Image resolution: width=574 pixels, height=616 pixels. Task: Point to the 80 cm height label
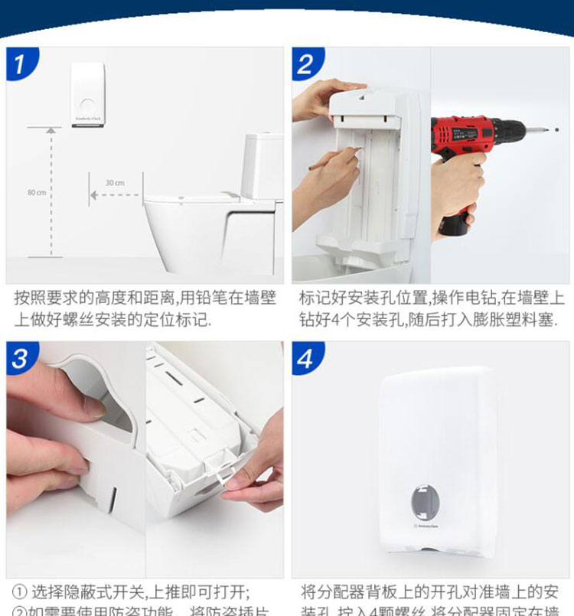coord(37,192)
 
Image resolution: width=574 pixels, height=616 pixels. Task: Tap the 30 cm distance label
coord(114,183)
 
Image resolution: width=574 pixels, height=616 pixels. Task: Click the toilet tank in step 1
coord(263,165)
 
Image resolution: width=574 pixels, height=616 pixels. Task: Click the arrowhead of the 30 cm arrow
coord(93,195)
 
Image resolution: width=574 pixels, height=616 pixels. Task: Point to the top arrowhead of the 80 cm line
coord(51,130)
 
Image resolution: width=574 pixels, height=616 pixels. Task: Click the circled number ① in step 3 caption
coord(20,593)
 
